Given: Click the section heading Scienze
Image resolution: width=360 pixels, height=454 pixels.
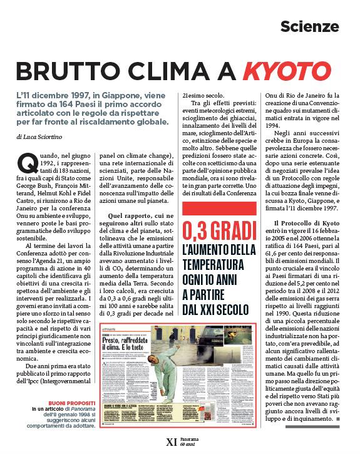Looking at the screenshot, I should coord(309,27).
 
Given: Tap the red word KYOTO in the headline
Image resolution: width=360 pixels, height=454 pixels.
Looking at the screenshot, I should coord(286,70).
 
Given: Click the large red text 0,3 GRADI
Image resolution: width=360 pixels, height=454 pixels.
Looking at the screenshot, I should coord(219,232).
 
